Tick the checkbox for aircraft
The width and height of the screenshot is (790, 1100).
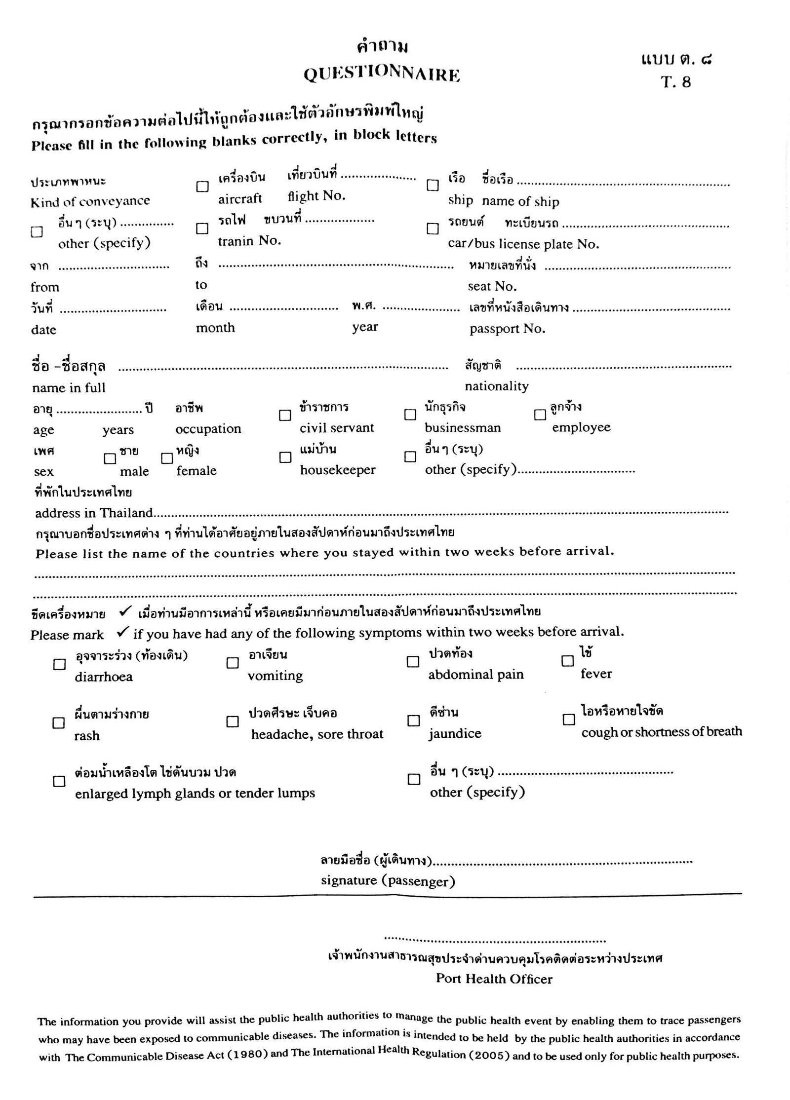pyautogui.click(x=202, y=187)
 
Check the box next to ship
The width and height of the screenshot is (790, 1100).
pyautogui.click(x=433, y=185)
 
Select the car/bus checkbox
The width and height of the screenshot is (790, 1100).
pyautogui.click(x=433, y=228)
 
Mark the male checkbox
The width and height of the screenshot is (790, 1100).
pyautogui.click(x=110, y=458)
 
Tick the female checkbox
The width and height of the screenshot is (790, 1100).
pyautogui.click(x=167, y=458)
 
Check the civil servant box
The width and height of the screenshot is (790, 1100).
pyautogui.click(x=285, y=415)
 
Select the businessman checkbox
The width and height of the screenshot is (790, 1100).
pyautogui.click(x=410, y=415)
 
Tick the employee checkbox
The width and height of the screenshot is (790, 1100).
pyautogui.click(x=540, y=415)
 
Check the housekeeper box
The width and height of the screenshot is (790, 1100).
pyautogui.click(x=285, y=457)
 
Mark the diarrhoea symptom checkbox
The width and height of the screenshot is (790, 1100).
pyautogui.click(x=59, y=664)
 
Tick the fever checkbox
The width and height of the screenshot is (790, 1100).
pyautogui.click(x=568, y=661)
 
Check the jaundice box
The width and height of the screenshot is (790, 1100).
pyautogui.click(x=413, y=721)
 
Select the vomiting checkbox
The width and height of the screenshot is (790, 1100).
pyautogui.click(x=233, y=663)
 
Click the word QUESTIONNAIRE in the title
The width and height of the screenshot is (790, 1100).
pyautogui.click(x=382, y=75)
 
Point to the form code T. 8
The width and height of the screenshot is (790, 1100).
pyautogui.click(x=676, y=82)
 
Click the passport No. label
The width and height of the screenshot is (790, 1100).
pyautogui.click(x=507, y=329)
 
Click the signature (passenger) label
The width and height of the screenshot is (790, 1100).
pyautogui.click(x=388, y=881)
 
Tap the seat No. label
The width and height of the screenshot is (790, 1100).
pyautogui.click(x=492, y=287)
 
